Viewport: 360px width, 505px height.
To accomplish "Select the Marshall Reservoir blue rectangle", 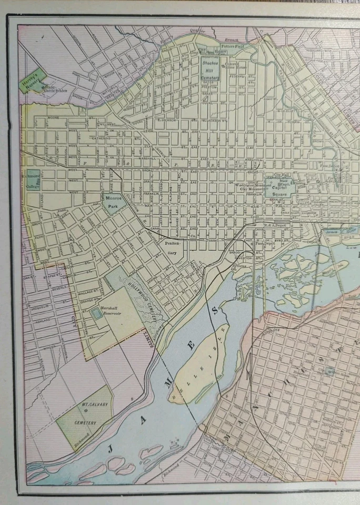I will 96,314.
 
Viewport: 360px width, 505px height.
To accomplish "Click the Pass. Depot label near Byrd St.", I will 263,244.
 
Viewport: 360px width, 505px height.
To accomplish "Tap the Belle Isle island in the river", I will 203,363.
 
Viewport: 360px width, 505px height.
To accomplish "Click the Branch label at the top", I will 231,39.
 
